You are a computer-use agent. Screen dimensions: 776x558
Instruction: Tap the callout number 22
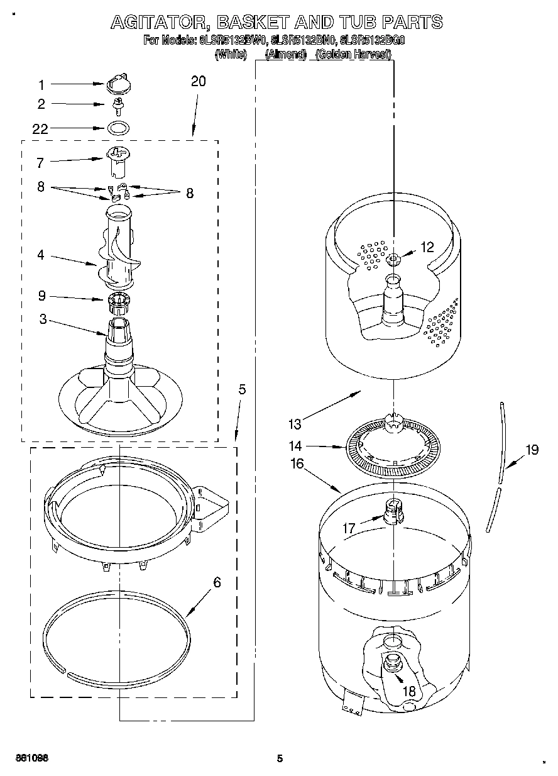tap(40, 129)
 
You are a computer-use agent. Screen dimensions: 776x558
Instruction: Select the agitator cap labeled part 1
tap(118, 82)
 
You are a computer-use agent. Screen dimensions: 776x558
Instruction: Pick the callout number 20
tap(198, 81)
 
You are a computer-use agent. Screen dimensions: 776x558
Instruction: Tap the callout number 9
tap(42, 296)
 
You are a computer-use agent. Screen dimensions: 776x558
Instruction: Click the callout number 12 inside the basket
tap(427, 248)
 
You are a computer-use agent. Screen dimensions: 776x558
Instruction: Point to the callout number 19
tap(532, 449)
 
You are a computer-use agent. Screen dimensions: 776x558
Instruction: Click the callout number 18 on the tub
tap(408, 691)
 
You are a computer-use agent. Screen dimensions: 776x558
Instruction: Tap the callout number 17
tap(349, 529)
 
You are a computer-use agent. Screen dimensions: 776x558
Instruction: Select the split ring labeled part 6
tap(117, 635)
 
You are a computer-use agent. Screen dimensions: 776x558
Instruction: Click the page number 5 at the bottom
tap(280, 758)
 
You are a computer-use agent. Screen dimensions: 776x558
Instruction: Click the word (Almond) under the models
tap(285, 55)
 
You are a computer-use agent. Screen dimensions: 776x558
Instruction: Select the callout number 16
tap(297, 464)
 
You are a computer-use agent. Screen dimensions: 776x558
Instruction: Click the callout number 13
tap(295, 424)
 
